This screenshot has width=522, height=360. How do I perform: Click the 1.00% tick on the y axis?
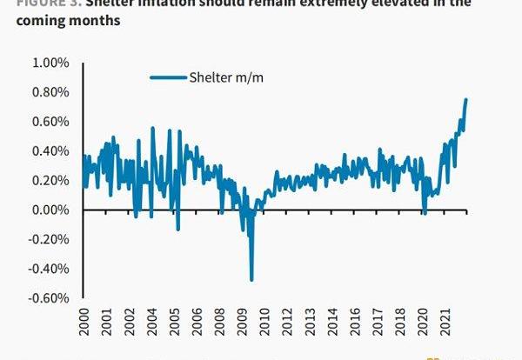[50, 63]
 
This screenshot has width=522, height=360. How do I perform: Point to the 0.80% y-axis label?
[50, 93]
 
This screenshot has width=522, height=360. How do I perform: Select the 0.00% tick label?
[50, 210]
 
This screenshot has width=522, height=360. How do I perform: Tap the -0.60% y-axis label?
[49, 298]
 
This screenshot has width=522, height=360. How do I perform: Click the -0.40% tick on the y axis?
[49, 269]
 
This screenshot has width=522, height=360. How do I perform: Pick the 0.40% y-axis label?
[50, 151]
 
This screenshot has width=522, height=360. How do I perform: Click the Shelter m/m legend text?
[226, 77]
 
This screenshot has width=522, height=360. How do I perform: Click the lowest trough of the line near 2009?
[251, 279]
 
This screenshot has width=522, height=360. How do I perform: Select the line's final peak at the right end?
[465, 99]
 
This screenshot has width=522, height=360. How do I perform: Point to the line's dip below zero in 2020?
[424, 213]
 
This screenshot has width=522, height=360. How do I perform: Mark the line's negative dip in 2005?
[177, 230]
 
